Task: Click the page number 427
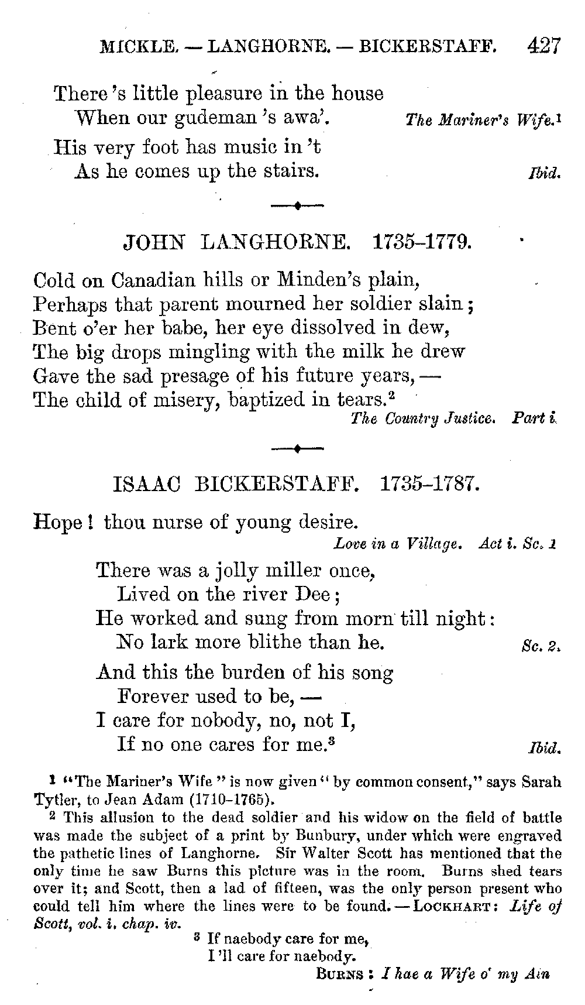(543, 45)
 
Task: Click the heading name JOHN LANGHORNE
(235, 242)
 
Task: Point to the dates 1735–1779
(422, 242)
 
